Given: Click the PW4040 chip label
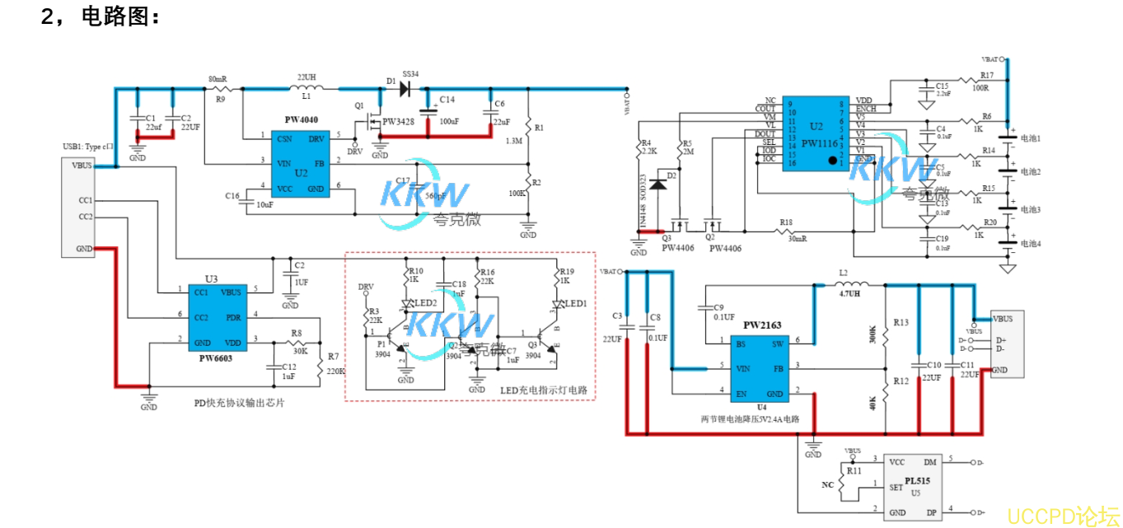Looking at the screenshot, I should point(302,119).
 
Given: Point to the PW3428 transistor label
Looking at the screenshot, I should point(399,122).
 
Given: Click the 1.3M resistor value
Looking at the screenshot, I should point(513,141).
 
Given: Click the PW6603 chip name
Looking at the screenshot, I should point(216,358).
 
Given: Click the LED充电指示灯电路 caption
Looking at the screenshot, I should point(549,390).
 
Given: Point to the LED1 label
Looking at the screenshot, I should point(575,303).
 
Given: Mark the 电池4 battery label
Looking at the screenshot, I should point(1031,244).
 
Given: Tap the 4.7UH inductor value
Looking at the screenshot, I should point(849,292).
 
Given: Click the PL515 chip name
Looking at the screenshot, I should point(918,480).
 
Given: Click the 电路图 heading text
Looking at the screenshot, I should point(119,16).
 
